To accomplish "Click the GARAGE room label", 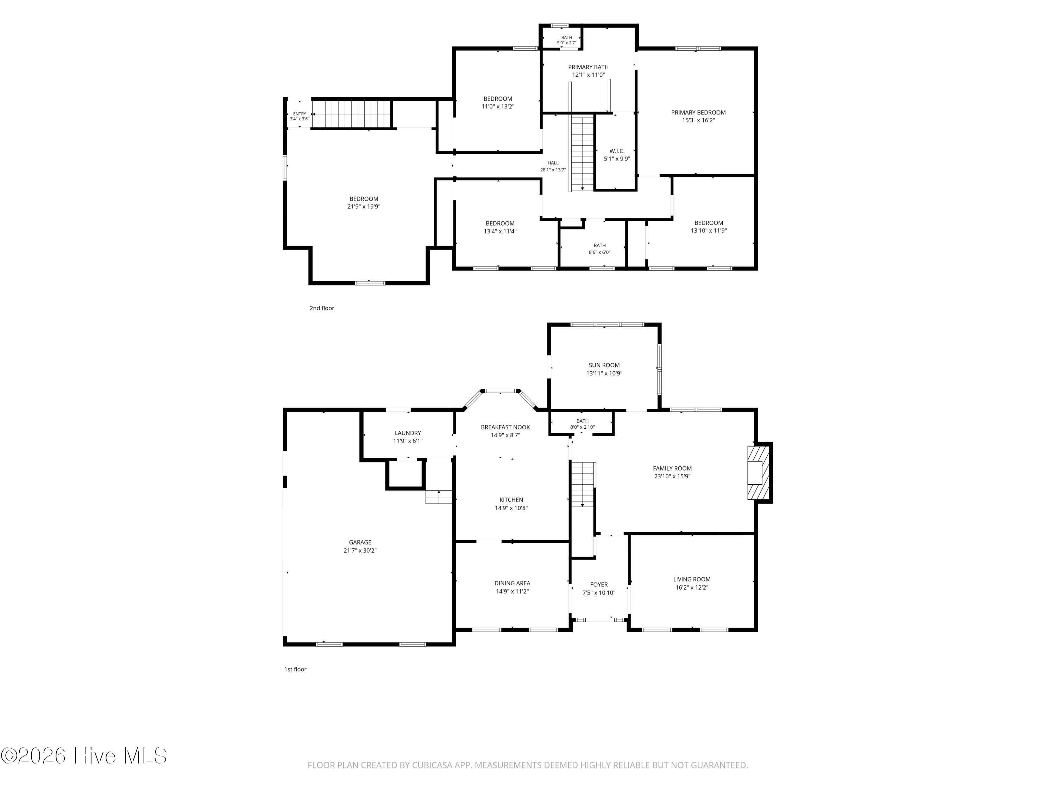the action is point(360,542).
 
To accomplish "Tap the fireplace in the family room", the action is point(758,473).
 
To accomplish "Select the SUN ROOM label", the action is point(604,365).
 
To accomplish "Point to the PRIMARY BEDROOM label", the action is point(698,113).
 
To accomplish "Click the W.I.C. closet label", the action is point(617,151).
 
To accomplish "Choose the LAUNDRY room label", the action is point(408,433).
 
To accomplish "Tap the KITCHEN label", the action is point(511,500).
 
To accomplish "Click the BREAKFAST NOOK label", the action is point(505,427).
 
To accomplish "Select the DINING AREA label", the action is point(512,583).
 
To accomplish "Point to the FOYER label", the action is point(599,584).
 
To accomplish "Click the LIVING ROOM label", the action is point(692,579).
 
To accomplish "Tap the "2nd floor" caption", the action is point(322,308).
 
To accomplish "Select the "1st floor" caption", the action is point(296,669).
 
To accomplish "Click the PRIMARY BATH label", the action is point(588,67).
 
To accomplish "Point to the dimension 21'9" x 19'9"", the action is point(364,207).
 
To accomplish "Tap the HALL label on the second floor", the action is point(553,163).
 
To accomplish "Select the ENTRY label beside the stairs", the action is point(299,114).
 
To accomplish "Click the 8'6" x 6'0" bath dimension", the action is point(599,252).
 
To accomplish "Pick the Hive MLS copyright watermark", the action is point(84,755).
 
